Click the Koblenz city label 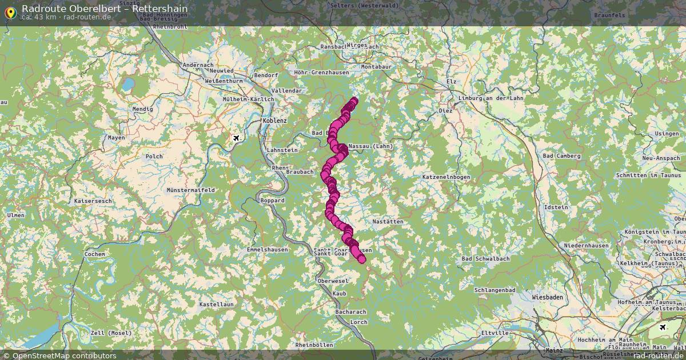274,121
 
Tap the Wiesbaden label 547,298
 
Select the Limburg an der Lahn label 490,98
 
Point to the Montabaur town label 376,67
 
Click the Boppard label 272,201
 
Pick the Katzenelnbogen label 446,178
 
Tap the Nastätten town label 388,221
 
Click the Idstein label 556,207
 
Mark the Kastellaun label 216,305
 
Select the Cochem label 94,254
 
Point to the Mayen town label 116,138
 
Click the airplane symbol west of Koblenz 236,138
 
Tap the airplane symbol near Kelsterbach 663,327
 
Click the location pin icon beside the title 10,11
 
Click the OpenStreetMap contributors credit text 64,355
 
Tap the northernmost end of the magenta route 353,101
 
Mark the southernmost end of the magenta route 361,260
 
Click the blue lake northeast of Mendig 128,85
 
